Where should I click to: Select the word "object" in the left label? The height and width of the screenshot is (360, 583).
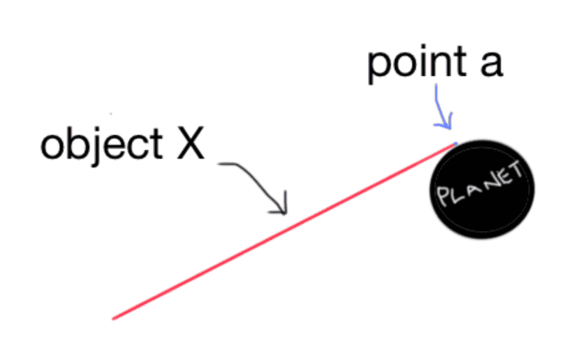(101, 144)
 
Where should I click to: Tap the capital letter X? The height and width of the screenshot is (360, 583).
(191, 143)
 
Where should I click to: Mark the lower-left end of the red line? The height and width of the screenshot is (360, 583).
(113, 318)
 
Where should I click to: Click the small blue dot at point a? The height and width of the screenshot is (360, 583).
(455, 143)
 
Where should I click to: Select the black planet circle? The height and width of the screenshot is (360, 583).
(482, 189)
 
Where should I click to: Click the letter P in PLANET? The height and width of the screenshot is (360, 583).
(444, 196)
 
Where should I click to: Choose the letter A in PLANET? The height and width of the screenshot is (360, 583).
(471, 189)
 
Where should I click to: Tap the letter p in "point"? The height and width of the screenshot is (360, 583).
(378, 67)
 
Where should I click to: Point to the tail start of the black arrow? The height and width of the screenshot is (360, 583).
(219, 164)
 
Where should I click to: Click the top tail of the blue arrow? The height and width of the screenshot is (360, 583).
(436, 85)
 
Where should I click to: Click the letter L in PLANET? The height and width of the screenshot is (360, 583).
(457, 193)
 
